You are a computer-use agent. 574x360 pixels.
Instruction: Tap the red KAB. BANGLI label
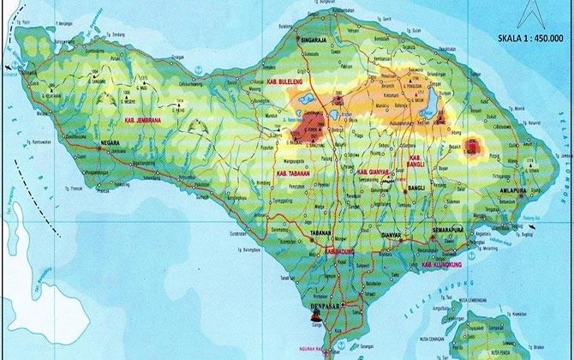[416, 162]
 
